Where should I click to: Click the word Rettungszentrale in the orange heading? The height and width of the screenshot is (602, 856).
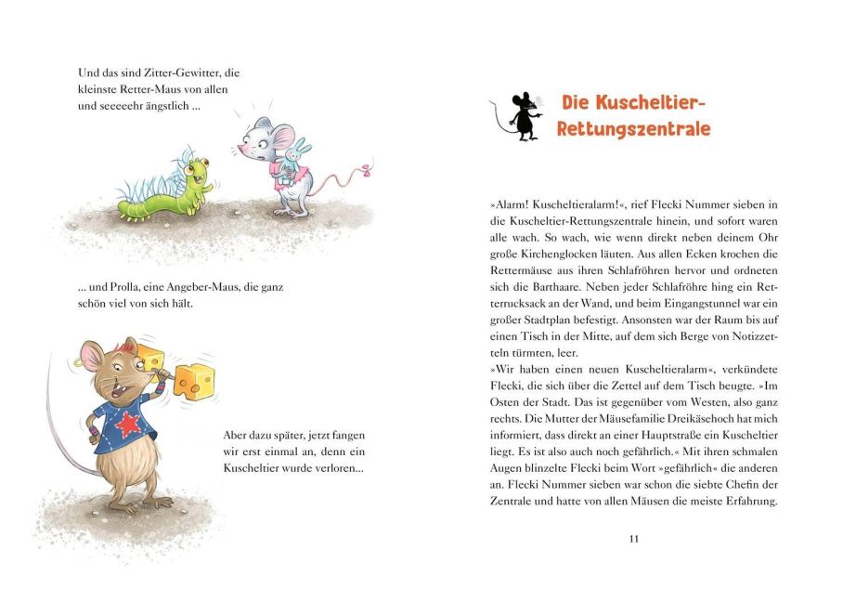click(x=633, y=129)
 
